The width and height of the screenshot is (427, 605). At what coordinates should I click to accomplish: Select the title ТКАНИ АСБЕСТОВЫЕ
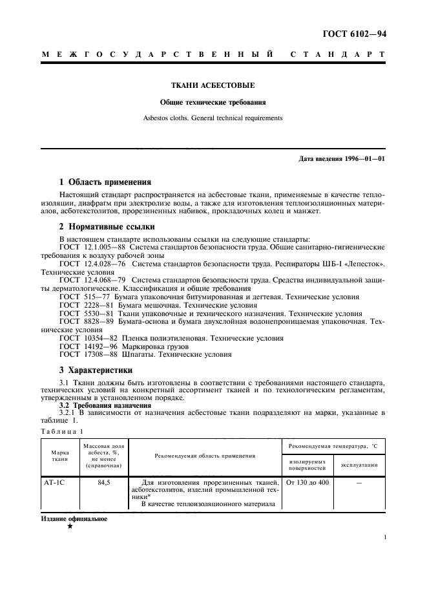(x=213, y=85)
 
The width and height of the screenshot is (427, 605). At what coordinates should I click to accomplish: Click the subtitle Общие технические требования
(x=213, y=102)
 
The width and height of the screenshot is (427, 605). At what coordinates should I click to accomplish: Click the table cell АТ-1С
(x=52, y=482)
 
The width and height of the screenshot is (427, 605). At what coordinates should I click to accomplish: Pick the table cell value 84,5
(x=105, y=482)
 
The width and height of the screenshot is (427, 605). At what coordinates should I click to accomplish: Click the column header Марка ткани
(x=60, y=456)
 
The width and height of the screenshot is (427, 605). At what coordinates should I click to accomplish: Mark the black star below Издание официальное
(x=69, y=526)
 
